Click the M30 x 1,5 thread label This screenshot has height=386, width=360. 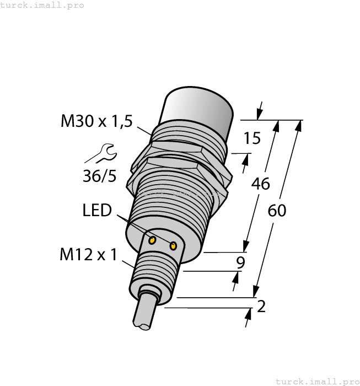[96, 121]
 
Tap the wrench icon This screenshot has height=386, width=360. [100, 153]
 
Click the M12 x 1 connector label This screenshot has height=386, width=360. [88, 255]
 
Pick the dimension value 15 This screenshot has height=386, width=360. [252, 138]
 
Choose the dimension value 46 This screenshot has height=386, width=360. [260, 183]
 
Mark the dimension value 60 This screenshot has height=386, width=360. [277, 210]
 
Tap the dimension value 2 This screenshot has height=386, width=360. [261, 307]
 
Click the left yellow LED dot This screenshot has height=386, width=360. [153, 239]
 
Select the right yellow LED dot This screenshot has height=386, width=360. [174, 245]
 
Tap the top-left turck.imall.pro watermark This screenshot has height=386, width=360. [42, 5]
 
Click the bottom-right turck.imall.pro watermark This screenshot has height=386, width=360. [317, 381]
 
